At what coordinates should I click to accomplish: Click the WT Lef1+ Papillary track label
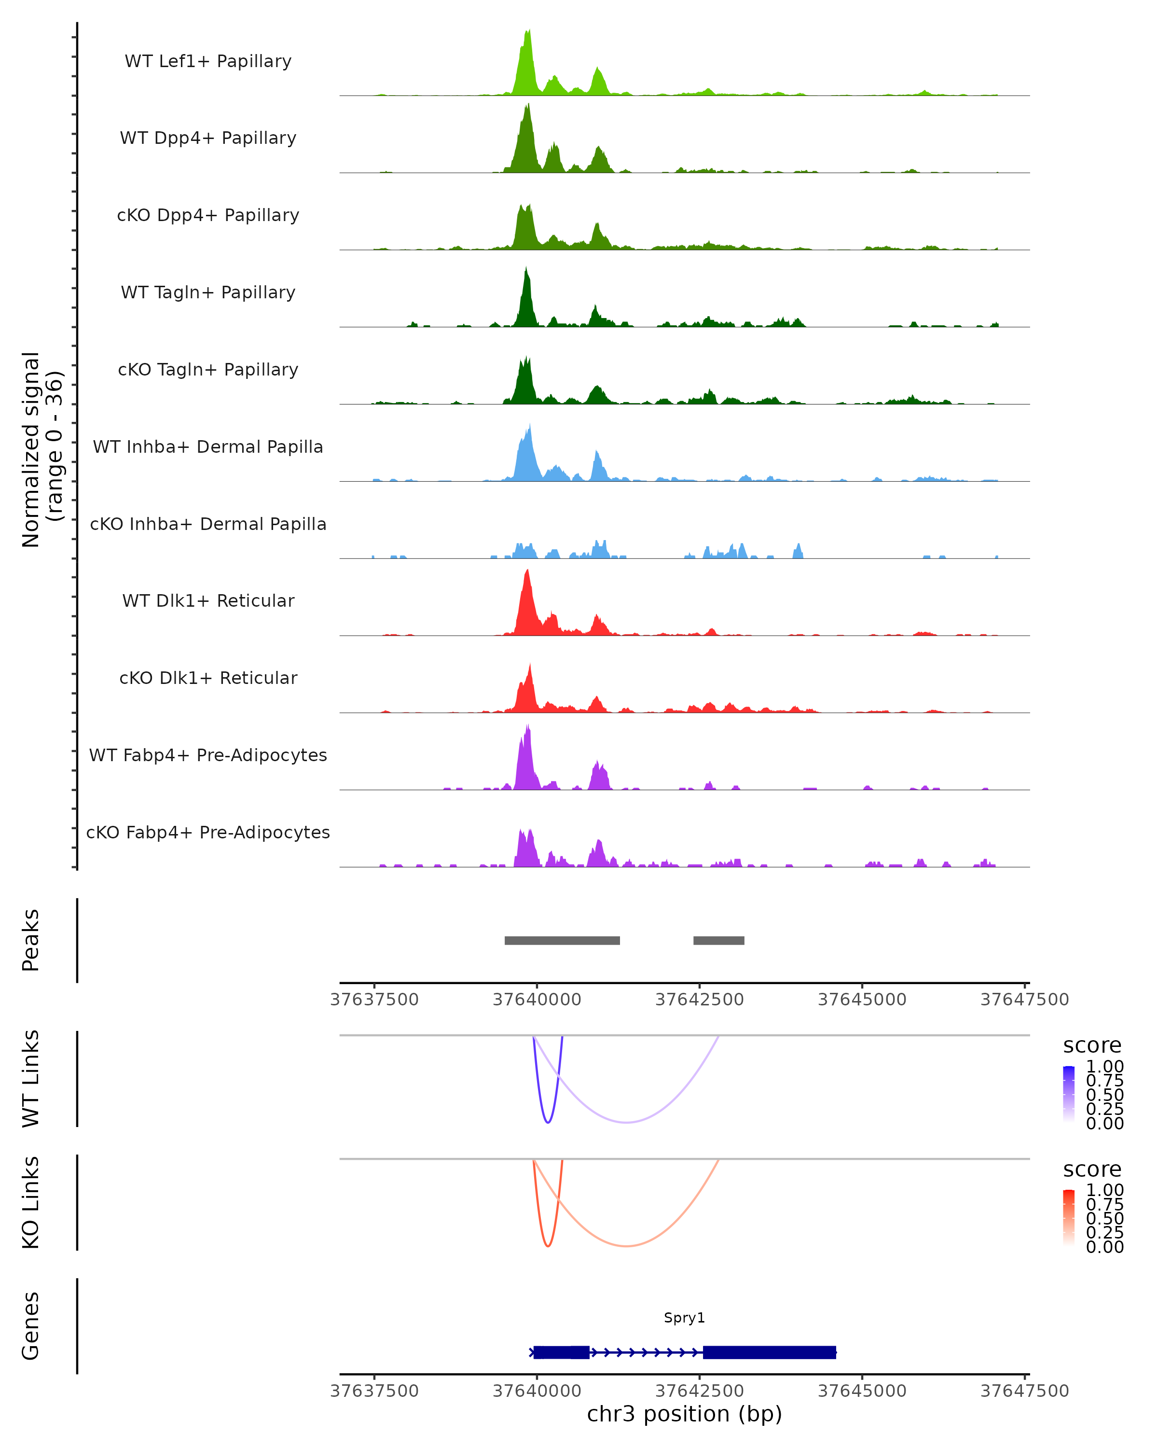[x=208, y=61]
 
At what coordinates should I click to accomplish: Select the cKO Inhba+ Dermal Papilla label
[x=208, y=524]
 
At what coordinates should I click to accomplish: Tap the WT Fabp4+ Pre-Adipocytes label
[x=208, y=755]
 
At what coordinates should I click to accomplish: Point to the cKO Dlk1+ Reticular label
[x=208, y=678]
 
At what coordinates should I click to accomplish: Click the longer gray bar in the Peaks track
[x=562, y=940]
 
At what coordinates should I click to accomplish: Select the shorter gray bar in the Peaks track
[x=718, y=940]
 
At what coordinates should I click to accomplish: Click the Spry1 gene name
[x=684, y=1318]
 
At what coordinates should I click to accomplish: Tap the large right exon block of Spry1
[x=769, y=1352]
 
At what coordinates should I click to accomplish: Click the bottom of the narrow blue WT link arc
[x=548, y=1122]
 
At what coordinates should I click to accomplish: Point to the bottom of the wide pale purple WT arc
[x=626, y=1122]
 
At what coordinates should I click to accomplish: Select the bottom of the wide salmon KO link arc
[x=626, y=1246]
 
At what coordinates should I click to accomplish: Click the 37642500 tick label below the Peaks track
[x=700, y=1000]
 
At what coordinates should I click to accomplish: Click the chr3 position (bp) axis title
[x=684, y=1414]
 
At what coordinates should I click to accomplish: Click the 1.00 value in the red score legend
[x=1105, y=1190]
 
